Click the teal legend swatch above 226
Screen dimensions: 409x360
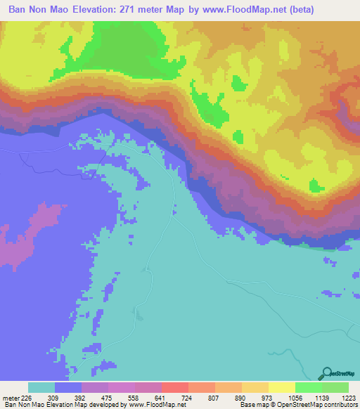tap(41, 387)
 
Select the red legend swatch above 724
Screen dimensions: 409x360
tap(174, 387)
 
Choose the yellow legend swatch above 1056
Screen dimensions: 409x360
tap(281, 387)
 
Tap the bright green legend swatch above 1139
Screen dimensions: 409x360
tap(308, 387)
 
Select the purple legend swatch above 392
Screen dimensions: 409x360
tap(95, 387)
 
